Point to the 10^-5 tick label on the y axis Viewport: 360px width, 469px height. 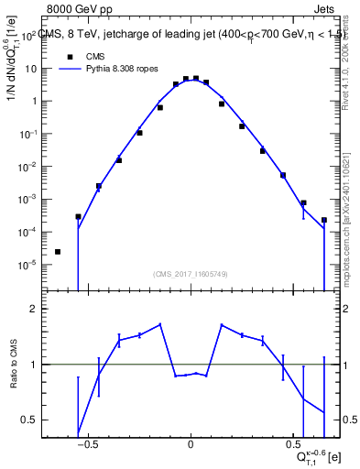27,265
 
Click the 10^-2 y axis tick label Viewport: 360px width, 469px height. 27,167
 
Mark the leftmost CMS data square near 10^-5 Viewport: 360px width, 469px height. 58,252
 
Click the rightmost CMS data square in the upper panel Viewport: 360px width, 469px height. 324,220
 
